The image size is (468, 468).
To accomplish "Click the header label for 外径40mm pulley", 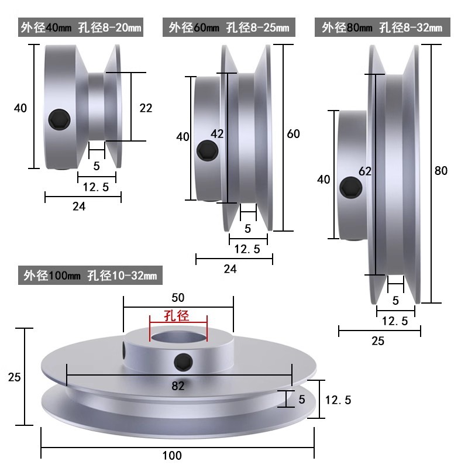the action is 81,27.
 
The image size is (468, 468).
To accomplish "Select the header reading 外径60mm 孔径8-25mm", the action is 229,27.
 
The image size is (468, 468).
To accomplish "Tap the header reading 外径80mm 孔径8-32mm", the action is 383,27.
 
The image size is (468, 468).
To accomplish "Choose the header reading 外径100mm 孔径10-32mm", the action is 90,275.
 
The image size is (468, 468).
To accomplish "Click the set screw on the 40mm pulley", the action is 60,119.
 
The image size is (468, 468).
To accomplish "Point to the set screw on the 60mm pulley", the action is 208,150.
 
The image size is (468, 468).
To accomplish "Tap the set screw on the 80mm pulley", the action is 351,187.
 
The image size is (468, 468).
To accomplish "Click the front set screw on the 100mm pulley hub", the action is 183,363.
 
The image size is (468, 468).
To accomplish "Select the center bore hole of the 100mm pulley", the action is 178,338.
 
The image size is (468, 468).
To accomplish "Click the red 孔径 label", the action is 177,316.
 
